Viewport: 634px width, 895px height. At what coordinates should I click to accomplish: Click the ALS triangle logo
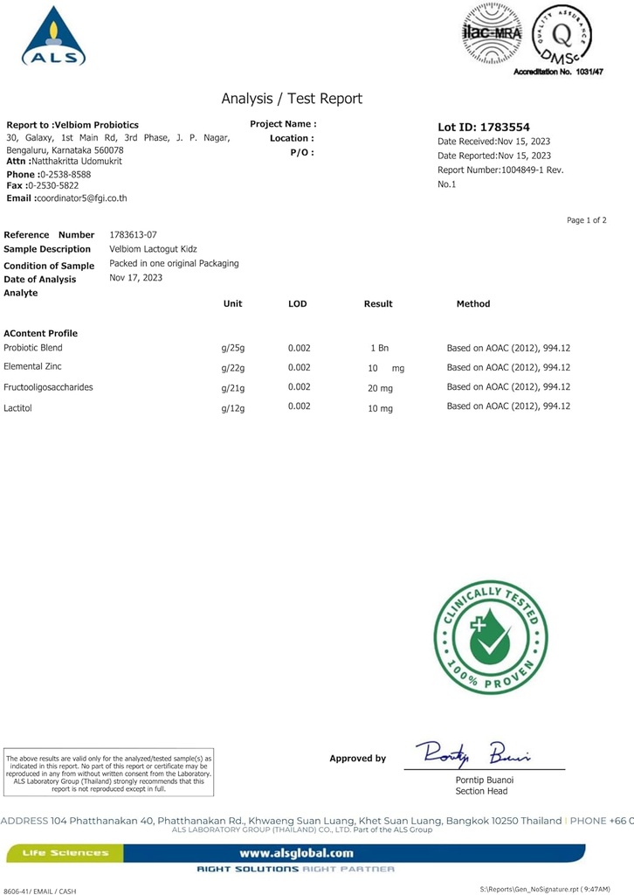(x=53, y=37)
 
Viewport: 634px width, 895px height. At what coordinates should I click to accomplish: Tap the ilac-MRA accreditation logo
(x=491, y=33)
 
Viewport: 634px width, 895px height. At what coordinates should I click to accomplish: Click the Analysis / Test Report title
(x=292, y=99)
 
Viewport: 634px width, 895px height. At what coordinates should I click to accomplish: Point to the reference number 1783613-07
(x=134, y=234)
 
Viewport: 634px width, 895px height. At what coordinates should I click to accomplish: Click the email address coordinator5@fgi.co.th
(x=80, y=198)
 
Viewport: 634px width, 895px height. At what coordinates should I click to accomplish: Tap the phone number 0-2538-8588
(x=65, y=175)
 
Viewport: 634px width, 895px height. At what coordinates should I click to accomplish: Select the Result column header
(x=378, y=304)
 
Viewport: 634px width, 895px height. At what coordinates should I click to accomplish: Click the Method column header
(x=473, y=304)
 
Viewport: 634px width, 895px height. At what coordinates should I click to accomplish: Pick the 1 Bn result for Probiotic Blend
(x=379, y=348)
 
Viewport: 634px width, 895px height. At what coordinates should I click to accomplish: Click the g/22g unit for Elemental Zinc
(x=233, y=368)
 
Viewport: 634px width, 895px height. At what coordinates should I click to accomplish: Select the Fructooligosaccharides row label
(x=48, y=387)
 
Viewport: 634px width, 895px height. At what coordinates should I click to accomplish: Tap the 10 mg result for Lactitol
(x=380, y=408)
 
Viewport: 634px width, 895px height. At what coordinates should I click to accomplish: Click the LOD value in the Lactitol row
(x=299, y=406)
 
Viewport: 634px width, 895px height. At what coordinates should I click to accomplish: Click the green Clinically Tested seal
(x=491, y=637)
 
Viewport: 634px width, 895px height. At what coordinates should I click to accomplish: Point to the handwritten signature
(x=472, y=753)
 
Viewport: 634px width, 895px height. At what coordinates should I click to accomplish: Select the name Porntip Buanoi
(x=485, y=780)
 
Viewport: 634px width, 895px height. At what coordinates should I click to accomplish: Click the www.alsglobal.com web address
(x=296, y=853)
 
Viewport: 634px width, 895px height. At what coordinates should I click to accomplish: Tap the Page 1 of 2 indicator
(x=586, y=220)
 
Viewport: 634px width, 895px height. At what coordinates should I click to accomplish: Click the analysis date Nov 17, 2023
(x=136, y=278)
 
